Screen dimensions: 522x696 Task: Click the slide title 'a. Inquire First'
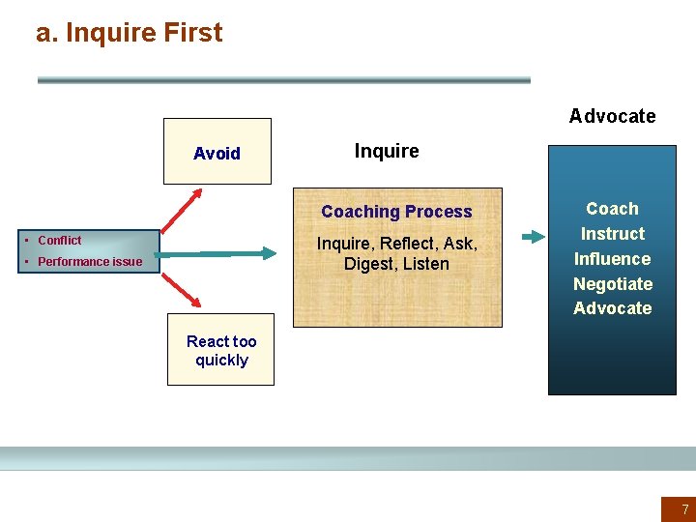(x=129, y=33)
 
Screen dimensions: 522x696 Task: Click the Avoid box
(x=217, y=152)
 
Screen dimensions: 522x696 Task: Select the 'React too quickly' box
(x=221, y=350)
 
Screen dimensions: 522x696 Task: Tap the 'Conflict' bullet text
(x=60, y=241)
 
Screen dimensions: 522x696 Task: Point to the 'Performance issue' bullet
(x=90, y=262)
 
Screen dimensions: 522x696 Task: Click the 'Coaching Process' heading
(x=396, y=212)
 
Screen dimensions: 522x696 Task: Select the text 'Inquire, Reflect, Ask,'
(x=396, y=244)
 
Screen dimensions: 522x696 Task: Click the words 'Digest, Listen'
(x=396, y=264)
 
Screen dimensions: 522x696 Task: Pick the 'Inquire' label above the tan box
(x=387, y=151)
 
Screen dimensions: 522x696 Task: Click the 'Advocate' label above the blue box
(x=612, y=116)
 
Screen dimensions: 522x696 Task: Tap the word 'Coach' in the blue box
(x=612, y=209)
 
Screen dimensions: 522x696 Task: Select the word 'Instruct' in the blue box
(x=612, y=234)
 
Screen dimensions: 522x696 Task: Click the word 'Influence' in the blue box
(x=612, y=259)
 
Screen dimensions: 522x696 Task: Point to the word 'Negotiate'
(x=612, y=284)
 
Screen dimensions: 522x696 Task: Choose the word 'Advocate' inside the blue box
(x=612, y=308)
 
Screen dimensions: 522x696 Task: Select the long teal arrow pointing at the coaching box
(x=232, y=253)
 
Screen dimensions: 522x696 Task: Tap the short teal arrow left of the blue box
(x=532, y=236)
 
